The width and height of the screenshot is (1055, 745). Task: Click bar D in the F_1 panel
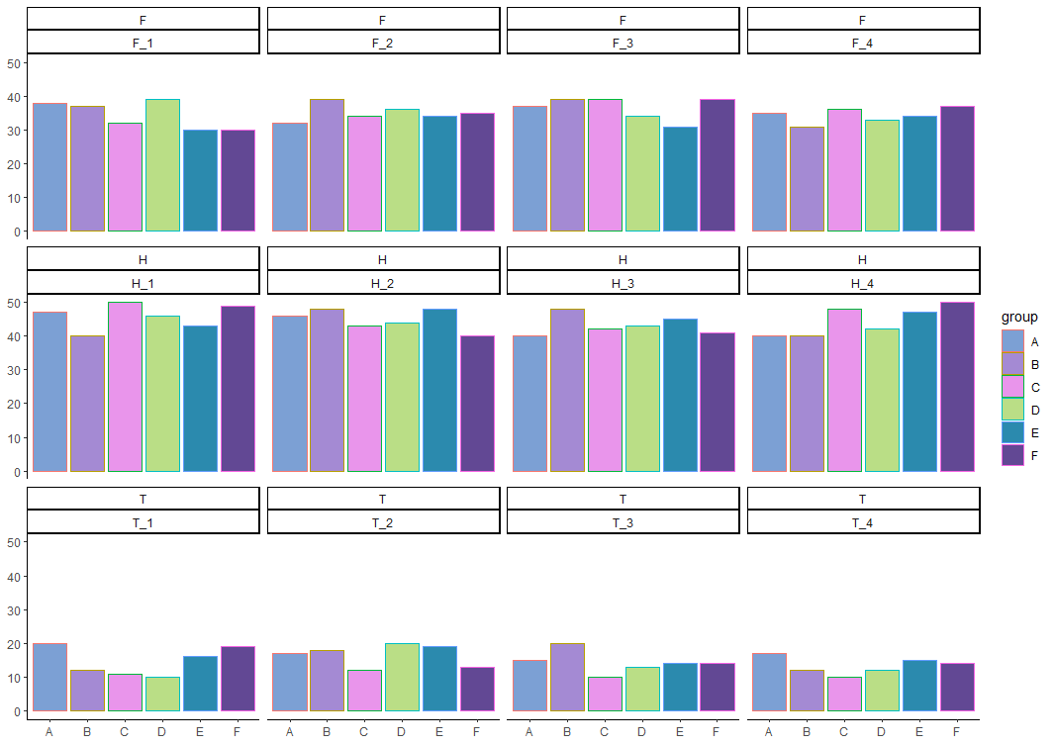coord(162,165)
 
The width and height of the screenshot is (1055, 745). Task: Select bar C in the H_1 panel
coord(125,387)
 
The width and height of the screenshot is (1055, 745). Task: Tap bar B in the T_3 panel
coord(567,677)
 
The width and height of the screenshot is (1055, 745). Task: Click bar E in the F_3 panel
coord(680,179)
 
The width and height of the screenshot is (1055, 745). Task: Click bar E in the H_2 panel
coord(439,391)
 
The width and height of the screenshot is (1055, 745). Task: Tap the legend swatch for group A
coord(1012,340)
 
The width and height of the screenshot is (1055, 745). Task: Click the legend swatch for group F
coord(1012,454)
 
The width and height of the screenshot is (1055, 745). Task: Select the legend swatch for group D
coord(1012,409)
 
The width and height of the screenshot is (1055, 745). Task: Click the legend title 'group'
coord(1019,317)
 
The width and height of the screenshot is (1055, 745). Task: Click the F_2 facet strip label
coord(382,44)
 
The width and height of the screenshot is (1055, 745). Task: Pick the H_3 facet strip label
coord(623,283)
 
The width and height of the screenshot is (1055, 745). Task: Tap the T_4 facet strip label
coord(863,522)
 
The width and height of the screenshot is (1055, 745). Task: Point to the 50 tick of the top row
coord(14,63)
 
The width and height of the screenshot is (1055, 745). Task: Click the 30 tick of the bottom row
coord(14,609)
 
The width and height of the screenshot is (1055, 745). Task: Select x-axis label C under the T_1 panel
coord(125,732)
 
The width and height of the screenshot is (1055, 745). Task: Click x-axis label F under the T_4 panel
coord(957,732)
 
